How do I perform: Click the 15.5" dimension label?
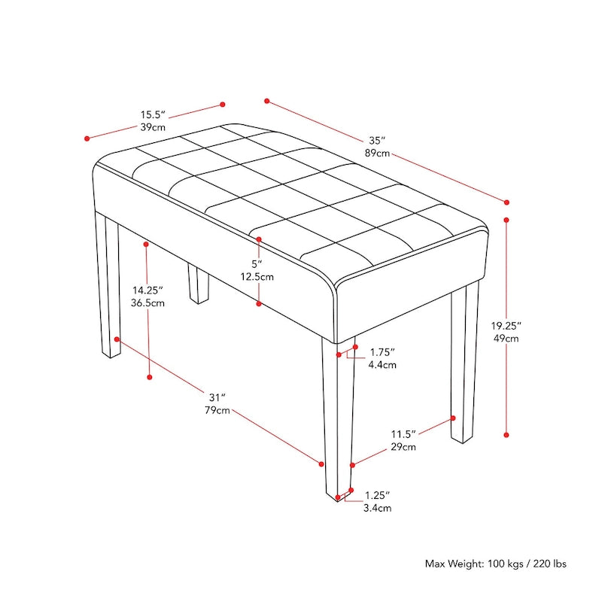tap(152, 115)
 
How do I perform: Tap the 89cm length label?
tap(378, 154)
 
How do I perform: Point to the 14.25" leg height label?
tap(148, 290)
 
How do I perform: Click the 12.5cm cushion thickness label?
tap(257, 276)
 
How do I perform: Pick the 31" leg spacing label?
tap(218, 397)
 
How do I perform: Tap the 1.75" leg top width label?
tap(382, 352)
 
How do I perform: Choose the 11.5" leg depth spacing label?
tap(403, 434)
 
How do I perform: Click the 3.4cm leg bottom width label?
tap(378, 509)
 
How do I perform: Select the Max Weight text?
tap(496, 564)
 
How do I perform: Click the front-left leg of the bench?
tap(111, 286)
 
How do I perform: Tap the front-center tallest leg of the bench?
tap(337, 421)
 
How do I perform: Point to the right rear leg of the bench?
tap(464, 361)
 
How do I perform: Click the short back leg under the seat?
tap(198, 284)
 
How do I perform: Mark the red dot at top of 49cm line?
tap(506, 220)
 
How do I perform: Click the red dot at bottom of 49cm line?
tap(506, 434)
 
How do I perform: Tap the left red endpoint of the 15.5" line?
tap(87, 138)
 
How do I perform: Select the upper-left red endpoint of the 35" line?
tap(266, 99)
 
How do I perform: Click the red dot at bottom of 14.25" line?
tap(150, 376)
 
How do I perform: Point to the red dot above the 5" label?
tap(258, 239)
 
